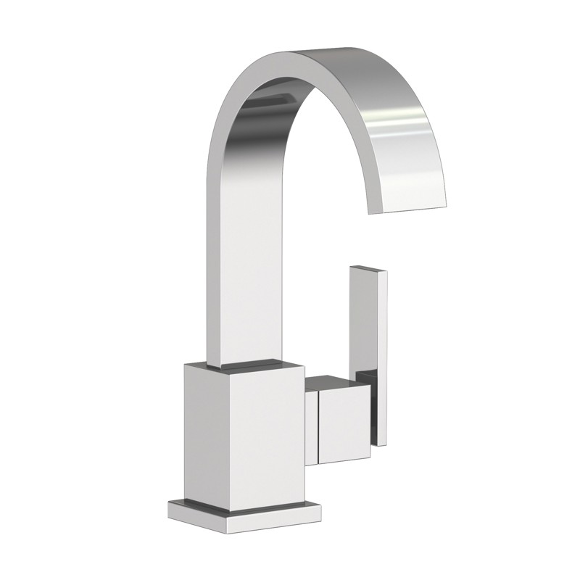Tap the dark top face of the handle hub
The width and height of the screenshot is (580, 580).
[337, 382]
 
